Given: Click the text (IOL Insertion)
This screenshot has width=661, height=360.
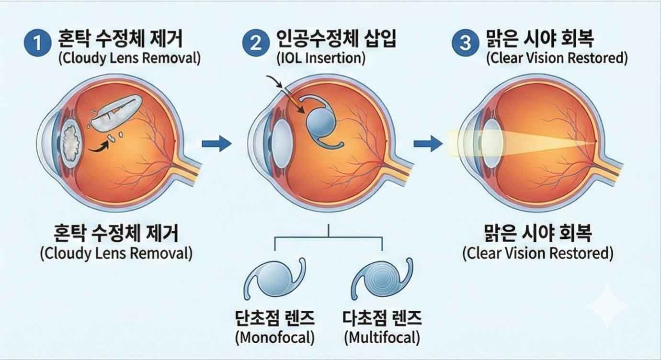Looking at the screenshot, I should click(320, 59).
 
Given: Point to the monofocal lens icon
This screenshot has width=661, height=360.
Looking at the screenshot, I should click(274, 282).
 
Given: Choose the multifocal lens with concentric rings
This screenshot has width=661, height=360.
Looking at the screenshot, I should click(382, 282).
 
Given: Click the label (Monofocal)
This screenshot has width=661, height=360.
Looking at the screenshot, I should click(274, 337).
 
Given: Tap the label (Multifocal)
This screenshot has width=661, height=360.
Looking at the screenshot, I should click(382, 337).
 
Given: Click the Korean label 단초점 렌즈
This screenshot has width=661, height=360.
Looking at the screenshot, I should click(274, 318).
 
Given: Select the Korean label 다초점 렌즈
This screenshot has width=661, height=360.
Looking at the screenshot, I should click(382, 318).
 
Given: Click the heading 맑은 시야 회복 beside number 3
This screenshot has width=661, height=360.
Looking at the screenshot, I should click(545, 39).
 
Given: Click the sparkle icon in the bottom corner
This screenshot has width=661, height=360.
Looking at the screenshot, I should click(607, 306).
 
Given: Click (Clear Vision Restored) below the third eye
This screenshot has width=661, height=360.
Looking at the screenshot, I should click(537, 253).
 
